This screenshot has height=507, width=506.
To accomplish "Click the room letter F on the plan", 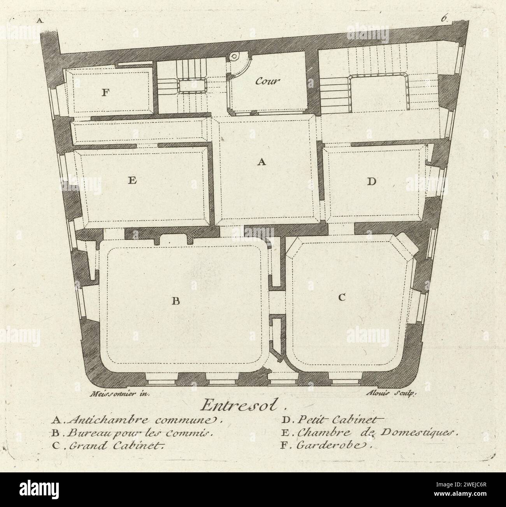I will click(104, 93).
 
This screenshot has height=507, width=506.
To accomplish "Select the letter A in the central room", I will click(262, 163).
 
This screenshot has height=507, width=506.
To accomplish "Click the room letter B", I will click(176, 301).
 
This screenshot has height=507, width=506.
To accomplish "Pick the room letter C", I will click(341, 297).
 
